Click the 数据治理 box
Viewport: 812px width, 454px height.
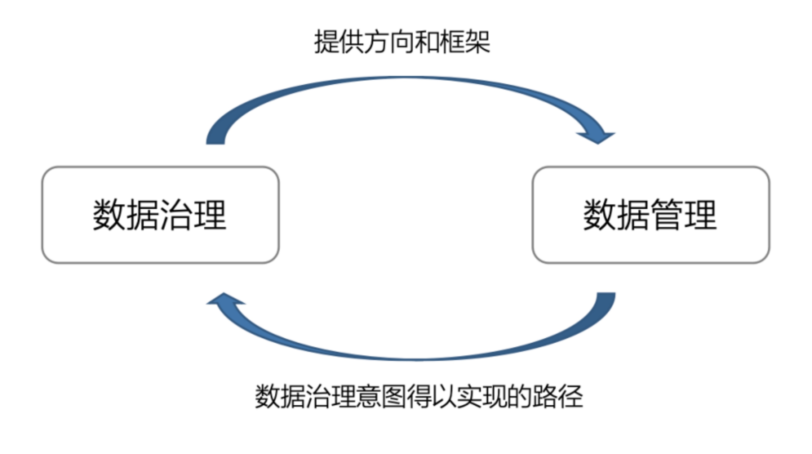[160, 215]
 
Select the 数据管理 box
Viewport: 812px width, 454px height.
[651, 215]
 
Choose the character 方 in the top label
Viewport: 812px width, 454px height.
[377, 42]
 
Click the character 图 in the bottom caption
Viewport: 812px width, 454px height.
[394, 396]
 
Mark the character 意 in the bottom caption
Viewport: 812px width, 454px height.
[369, 396]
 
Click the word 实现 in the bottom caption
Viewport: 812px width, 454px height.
[482, 396]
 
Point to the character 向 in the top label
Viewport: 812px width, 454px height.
[402, 42]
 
